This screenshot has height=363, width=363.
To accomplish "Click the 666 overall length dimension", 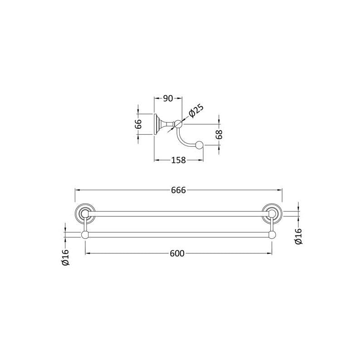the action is (178, 190).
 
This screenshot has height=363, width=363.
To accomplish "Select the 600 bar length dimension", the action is (177, 254).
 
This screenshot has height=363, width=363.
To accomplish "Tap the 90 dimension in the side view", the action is (168, 98).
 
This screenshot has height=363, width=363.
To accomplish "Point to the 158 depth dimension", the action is (178, 160).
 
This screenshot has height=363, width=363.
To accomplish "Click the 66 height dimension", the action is (138, 124).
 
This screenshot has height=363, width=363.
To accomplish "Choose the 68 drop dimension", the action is (219, 134).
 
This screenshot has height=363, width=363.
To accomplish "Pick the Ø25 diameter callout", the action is (196, 111).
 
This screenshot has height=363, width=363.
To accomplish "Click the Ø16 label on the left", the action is (65, 257).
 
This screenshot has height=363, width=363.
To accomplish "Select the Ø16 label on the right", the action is (299, 236).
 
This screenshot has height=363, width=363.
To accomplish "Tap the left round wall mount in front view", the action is (85, 213).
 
